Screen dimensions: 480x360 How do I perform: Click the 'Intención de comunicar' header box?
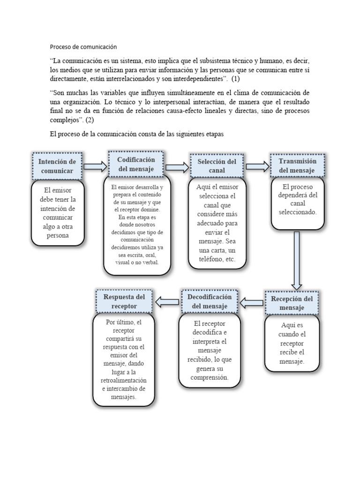(x=57, y=166)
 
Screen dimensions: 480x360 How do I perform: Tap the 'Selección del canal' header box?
(x=217, y=166)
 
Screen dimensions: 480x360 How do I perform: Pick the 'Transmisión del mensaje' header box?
(x=297, y=165)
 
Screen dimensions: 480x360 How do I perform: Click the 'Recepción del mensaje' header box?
(x=292, y=303)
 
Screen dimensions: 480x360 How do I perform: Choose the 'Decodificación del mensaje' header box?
(x=210, y=301)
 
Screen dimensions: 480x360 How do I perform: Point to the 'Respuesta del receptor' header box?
(x=124, y=301)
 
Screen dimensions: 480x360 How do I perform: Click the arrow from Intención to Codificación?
(x=95, y=166)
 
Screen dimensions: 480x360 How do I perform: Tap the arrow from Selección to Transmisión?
(x=257, y=166)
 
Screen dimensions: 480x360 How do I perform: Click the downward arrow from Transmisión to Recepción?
(x=296, y=260)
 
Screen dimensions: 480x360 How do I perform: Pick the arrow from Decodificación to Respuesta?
(x=167, y=302)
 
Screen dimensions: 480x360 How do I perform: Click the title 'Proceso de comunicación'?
(x=83, y=47)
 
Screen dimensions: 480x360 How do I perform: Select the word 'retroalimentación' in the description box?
(x=124, y=380)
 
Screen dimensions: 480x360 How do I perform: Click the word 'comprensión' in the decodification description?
(x=210, y=377)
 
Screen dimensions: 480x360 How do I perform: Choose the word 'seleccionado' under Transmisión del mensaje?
(x=298, y=212)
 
